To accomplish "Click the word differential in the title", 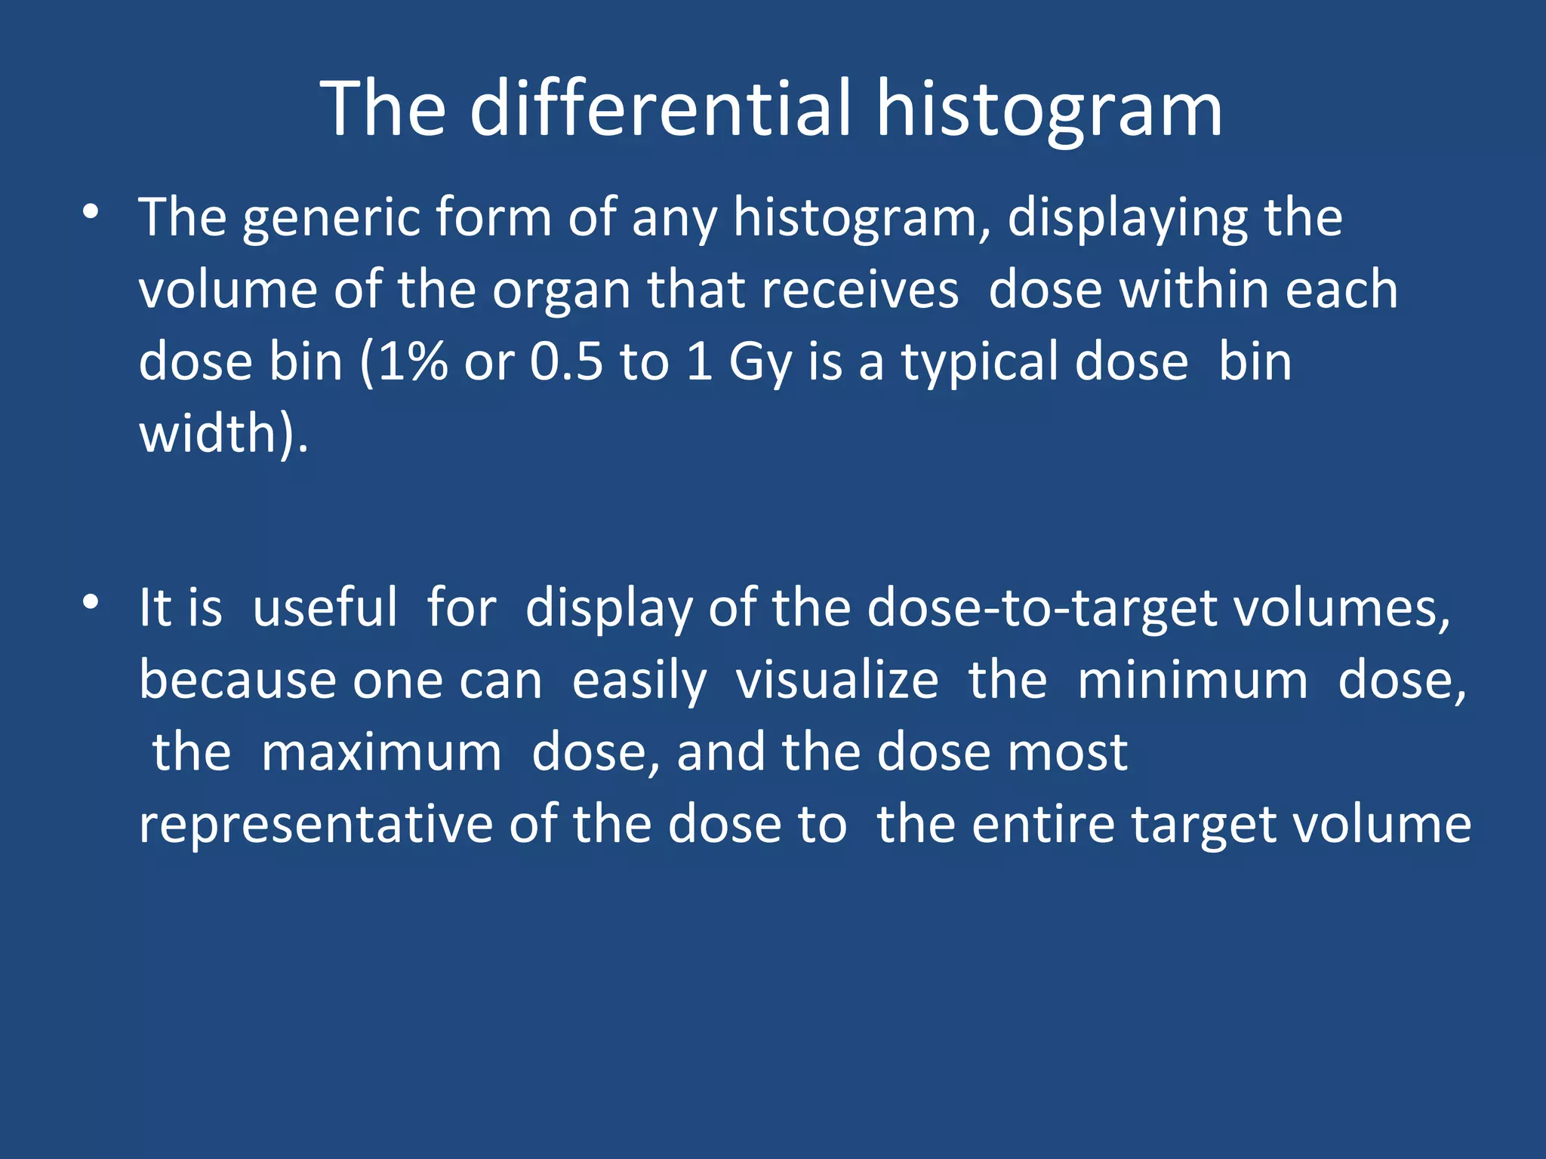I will click(x=661, y=109).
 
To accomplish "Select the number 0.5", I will click(x=566, y=362).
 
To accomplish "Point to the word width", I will click(x=208, y=434).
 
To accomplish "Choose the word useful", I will click(x=325, y=608).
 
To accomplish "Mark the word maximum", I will click(x=381, y=753).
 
